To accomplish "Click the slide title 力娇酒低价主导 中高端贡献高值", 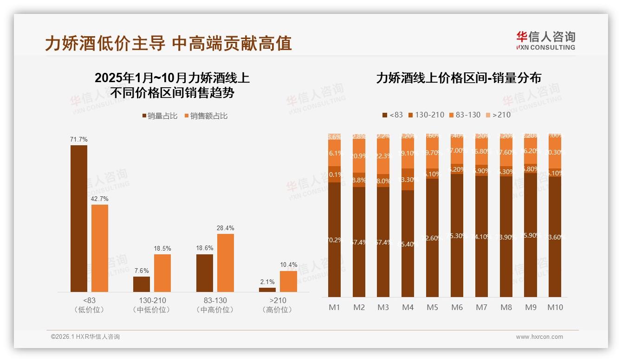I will (168, 43).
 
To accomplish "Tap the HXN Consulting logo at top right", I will (545, 40).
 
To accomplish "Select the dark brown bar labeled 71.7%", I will (79, 218).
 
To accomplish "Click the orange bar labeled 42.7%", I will (100, 248).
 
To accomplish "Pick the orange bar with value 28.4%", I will (225, 263).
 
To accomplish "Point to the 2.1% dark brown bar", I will (267, 290).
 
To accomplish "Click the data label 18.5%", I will (162, 249).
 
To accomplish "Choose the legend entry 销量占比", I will (160, 116).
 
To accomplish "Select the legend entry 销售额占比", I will (206, 116).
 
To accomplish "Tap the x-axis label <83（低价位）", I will (89, 305).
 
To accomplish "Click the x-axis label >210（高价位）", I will (277, 305).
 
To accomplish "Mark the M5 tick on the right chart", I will (432, 307).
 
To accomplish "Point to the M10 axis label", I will (555, 307).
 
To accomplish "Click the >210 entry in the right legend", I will (498, 115).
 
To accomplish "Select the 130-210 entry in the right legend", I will (426, 115).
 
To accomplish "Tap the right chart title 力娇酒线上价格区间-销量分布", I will (459, 78).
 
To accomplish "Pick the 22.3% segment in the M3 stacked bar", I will (383, 156).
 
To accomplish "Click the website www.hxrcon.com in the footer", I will (539, 337).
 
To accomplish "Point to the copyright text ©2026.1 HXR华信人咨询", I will (85, 337).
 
